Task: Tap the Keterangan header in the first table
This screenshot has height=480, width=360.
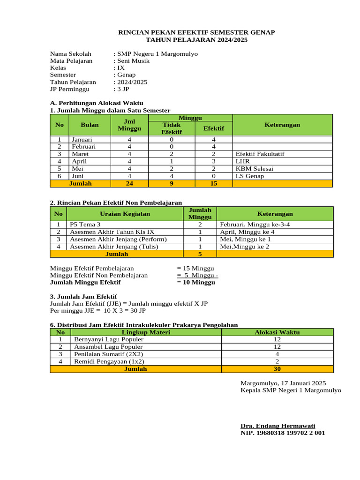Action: (x=282, y=125)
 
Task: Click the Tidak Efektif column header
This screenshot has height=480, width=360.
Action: (x=171, y=128)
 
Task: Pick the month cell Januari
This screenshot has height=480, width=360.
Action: (x=82, y=140)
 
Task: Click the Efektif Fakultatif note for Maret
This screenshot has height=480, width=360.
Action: (x=260, y=154)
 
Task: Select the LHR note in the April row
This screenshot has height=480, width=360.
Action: (x=242, y=161)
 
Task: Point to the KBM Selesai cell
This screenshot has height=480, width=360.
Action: (x=255, y=169)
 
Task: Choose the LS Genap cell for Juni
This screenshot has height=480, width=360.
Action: (x=250, y=176)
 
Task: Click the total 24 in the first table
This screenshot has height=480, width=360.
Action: (x=129, y=184)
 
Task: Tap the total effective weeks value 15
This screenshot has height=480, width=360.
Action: (x=214, y=184)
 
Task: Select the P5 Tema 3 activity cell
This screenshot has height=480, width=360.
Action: (x=85, y=225)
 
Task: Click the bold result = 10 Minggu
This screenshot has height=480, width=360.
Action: (x=196, y=283)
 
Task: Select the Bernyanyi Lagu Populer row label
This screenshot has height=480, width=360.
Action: (x=107, y=339)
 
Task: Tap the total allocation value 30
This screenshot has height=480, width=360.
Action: (x=277, y=369)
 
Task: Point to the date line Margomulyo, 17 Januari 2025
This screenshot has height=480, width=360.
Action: (x=283, y=383)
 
